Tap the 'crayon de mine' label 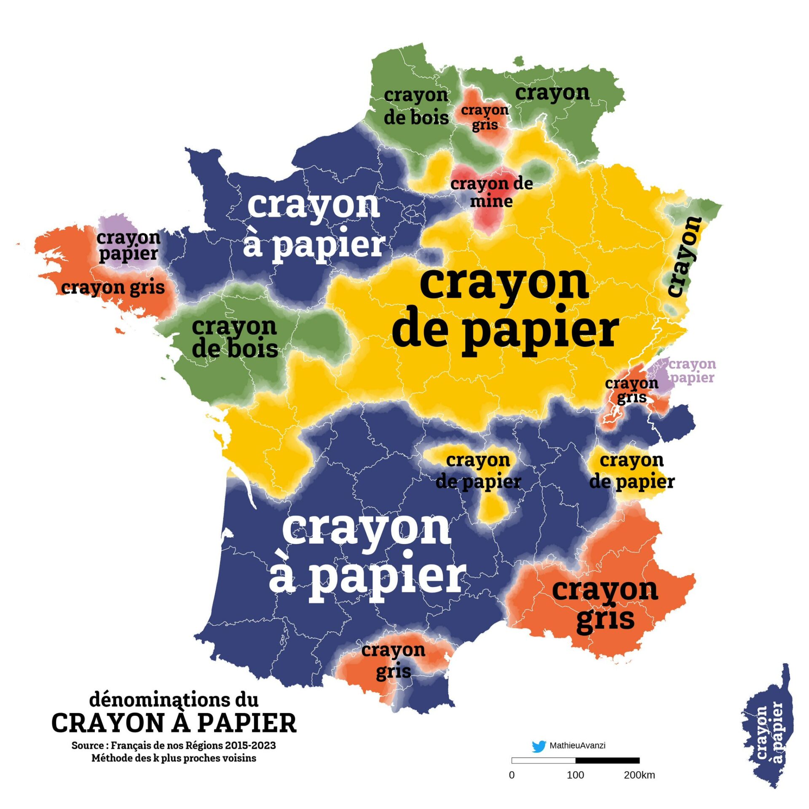click(x=491, y=192)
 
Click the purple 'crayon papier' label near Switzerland click(x=692, y=370)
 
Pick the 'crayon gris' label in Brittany click(x=113, y=288)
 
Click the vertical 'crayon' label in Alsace click(x=684, y=257)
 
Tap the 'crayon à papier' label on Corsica click(x=769, y=733)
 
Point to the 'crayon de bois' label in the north click(x=416, y=107)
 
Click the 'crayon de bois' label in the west click(x=235, y=338)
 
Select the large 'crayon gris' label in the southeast click(x=605, y=605)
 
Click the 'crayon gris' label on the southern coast click(x=393, y=661)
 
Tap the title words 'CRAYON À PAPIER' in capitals click(x=174, y=723)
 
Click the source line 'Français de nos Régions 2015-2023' click(x=174, y=745)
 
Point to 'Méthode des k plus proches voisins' click(x=174, y=758)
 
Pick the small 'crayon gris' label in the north click(x=485, y=117)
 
